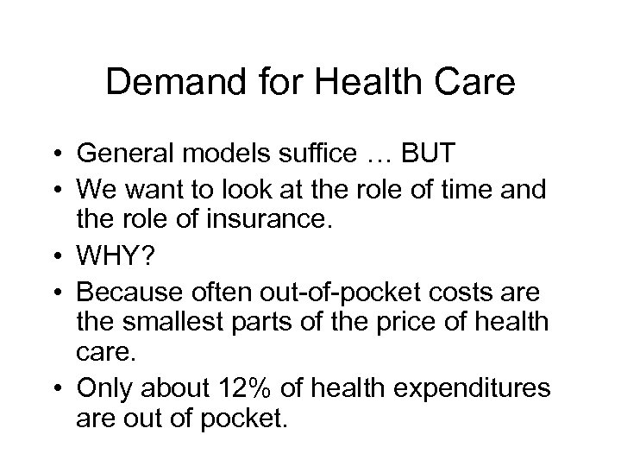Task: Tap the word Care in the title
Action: click(477, 82)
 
